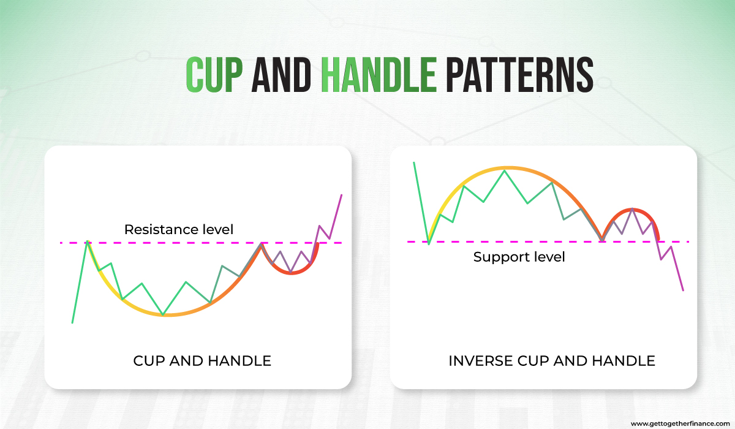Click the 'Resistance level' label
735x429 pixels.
[x=179, y=230]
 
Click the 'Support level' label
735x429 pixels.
[x=519, y=257]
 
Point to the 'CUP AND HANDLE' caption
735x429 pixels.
[x=202, y=360]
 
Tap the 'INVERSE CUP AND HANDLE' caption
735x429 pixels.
[x=551, y=360]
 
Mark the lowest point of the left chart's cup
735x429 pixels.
[x=163, y=315]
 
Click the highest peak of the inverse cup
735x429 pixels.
[x=505, y=169]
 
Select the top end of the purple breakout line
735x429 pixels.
[x=341, y=195]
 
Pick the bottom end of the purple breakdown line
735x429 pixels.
[x=683, y=290]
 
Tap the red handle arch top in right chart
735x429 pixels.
[x=631, y=210]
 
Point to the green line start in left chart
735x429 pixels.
[x=72, y=323]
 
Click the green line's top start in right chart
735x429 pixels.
[x=414, y=162]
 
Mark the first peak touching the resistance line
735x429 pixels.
[x=88, y=241]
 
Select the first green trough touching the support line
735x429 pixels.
[x=429, y=244]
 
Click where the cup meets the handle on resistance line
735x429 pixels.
[x=262, y=243]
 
